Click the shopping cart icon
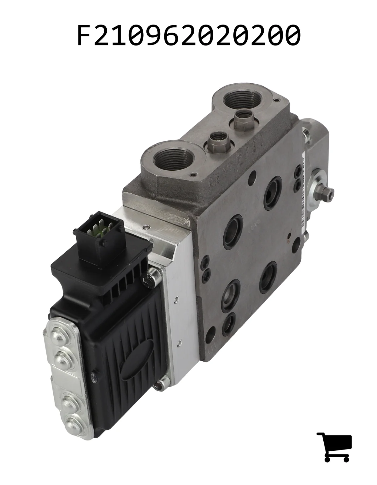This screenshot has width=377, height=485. point(334,447)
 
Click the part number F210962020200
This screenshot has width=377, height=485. point(189,35)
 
